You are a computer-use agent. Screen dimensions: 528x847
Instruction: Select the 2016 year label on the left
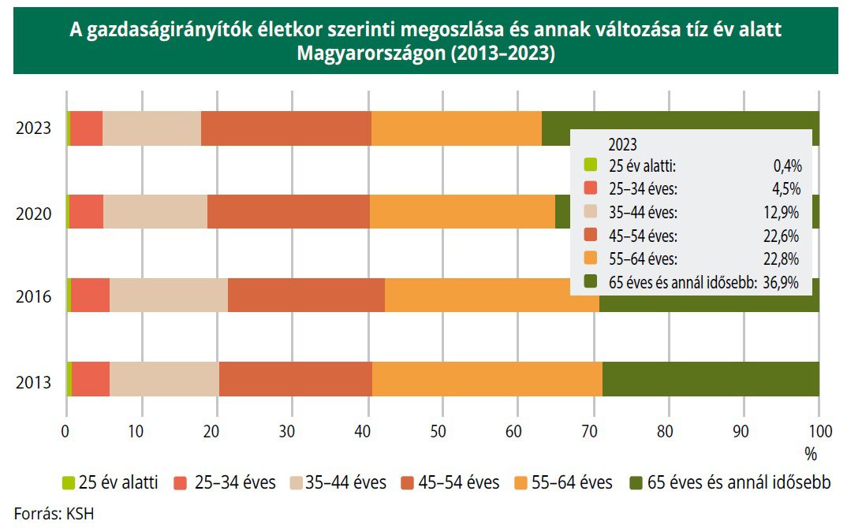tap(33, 297)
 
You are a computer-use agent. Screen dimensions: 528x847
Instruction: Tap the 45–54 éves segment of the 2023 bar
tap(285, 128)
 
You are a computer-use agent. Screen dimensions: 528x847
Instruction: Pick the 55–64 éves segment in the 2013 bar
tap(487, 379)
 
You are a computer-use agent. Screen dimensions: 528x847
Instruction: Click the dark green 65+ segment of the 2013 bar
tap(710, 379)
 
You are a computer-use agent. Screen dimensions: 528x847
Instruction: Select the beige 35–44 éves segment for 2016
tap(169, 295)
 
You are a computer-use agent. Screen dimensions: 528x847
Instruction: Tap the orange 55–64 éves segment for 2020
tap(462, 212)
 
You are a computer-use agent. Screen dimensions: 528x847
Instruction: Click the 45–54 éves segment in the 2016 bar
tap(306, 295)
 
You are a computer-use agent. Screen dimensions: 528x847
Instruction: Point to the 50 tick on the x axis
tap(442, 431)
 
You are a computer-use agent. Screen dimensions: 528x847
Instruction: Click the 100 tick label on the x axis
tap(819, 431)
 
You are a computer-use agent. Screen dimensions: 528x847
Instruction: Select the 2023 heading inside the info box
tap(622, 145)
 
